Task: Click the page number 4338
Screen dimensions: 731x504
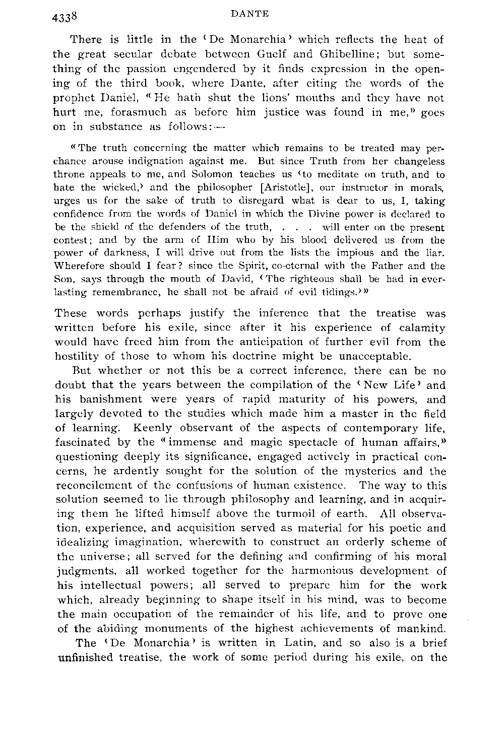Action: click(67, 17)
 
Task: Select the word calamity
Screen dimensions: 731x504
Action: click(422, 328)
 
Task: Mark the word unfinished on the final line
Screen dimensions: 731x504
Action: click(87, 657)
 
